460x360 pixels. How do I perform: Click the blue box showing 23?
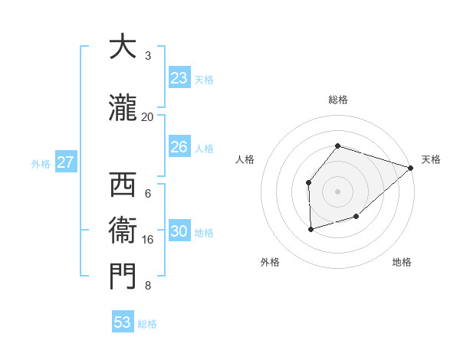click(179, 78)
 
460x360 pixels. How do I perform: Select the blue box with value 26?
click(179, 147)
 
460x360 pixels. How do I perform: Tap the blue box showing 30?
click(179, 232)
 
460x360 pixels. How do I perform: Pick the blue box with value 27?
click(65, 162)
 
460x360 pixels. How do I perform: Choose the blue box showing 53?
click(123, 322)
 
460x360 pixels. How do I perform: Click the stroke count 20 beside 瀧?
click(147, 116)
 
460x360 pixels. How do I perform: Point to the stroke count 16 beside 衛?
click(147, 240)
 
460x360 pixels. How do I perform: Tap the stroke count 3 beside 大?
click(148, 56)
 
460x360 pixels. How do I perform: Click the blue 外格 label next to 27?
click(41, 163)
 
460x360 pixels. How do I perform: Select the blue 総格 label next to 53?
click(147, 323)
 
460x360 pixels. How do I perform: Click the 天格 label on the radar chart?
click(431, 159)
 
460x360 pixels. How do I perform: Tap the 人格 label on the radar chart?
click(245, 159)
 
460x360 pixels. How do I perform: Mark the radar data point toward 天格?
click(411, 168)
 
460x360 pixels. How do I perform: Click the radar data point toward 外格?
click(310, 229)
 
